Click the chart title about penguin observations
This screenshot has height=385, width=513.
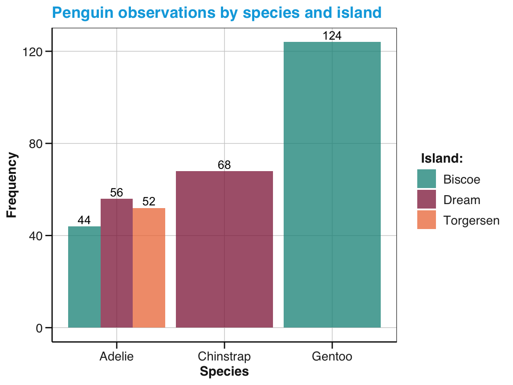(216, 12)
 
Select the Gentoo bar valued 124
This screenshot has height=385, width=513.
(332, 185)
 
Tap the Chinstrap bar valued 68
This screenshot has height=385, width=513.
(224, 250)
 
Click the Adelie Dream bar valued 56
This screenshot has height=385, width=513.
(117, 263)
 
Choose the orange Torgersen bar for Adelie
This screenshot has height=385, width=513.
(149, 268)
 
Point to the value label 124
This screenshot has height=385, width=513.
(332, 36)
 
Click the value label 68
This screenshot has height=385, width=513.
(224, 165)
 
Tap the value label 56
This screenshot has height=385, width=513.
(117, 193)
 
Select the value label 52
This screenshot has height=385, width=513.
(149, 202)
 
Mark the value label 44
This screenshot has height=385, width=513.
(84, 221)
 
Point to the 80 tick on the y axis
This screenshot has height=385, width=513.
(35, 143)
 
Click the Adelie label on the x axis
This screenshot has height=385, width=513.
(117, 356)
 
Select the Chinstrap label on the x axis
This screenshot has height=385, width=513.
(224, 356)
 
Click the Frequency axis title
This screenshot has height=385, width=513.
(12, 185)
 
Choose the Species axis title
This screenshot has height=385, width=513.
(224, 372)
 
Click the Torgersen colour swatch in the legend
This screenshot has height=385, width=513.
(426, 220)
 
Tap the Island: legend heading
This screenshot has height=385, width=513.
(442, 158)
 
